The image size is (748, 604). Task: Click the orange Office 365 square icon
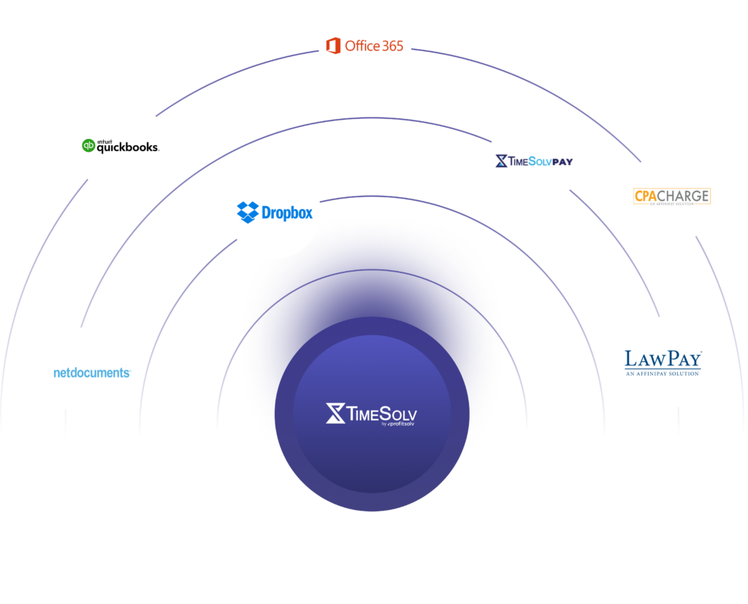[x=333, y=46]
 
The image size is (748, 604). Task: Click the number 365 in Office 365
[x=388, y=46]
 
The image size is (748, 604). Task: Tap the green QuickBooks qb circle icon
[x=89, y=146]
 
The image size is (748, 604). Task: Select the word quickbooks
[x=128, y=147]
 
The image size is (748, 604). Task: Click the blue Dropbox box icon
[x=248, y=212]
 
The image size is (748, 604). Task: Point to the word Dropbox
[x=286, y=213]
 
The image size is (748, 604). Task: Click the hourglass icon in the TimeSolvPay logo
[x=501, y=161]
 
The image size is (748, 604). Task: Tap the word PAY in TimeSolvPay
[x=558, y=161]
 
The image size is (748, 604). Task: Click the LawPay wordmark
[x=663, y=359]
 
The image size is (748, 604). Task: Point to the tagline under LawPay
[x=663, y=373]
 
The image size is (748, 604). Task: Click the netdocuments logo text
[x=92, y=372]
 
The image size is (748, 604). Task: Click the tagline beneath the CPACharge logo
[x=672, y=205]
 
